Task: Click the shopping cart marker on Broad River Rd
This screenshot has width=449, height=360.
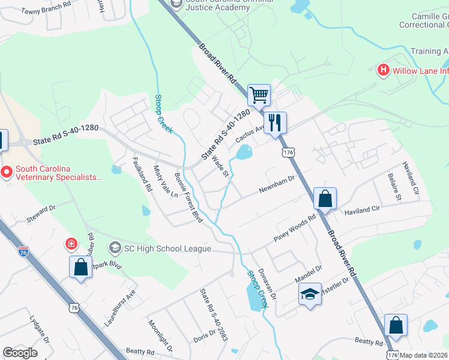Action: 259,94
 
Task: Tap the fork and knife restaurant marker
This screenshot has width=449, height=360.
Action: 275,122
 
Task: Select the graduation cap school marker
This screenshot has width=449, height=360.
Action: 310,294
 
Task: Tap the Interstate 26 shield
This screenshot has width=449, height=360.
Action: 23,251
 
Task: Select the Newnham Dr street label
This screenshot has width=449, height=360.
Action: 277,184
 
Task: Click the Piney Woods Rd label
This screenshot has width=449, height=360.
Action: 295,229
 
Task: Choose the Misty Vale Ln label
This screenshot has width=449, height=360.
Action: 166,182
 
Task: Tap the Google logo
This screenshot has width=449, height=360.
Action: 20,353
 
